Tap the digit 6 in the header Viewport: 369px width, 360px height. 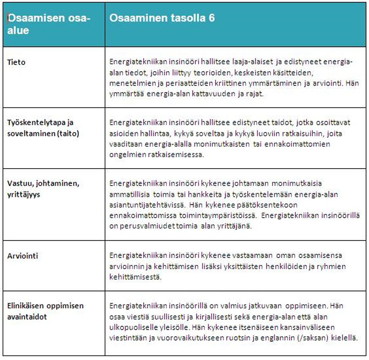[x=211, y=18]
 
